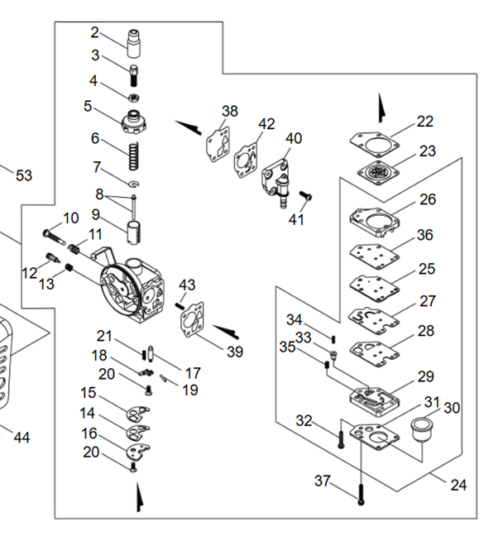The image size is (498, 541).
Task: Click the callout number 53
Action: (23, 175)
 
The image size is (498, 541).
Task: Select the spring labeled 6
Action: (132, 152)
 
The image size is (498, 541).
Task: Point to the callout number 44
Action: (22, 437)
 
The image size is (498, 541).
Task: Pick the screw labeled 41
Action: (304, 196)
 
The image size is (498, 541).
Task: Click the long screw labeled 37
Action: (361, 493)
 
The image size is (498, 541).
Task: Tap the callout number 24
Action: (457, 486)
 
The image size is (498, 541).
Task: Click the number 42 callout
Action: (266, 124)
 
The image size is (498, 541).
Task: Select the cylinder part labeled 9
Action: (134, 228)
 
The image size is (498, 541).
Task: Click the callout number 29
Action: (425, 376)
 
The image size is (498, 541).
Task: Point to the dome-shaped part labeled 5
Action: (133, 121)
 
